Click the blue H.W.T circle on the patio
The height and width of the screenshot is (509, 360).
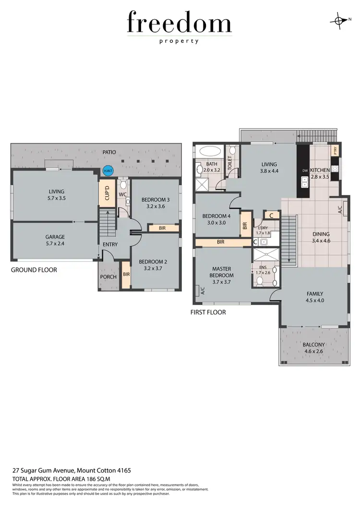(106, 170)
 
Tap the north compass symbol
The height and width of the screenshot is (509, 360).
(340, 20)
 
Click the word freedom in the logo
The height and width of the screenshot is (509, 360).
(180, 23)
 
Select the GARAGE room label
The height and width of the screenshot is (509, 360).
(55, 237)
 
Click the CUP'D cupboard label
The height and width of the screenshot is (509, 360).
(107, 193)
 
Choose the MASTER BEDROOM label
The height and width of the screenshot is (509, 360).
(222, 272)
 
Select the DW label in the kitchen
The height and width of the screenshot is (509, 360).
(304, 170)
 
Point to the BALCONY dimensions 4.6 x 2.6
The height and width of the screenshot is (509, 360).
(313, 351)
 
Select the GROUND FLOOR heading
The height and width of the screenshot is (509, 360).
(34, 270)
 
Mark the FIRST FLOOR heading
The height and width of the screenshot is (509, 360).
(208, 312)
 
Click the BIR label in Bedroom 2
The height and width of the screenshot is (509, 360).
(126, 275)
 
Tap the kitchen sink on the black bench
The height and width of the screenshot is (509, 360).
(304, 181)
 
